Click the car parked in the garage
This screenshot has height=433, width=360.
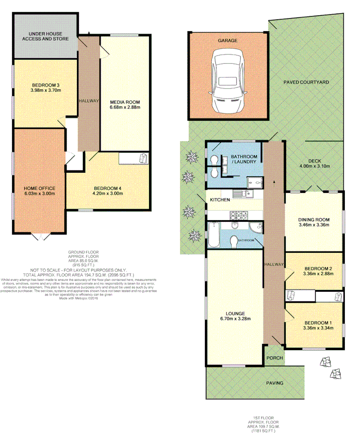coord(227,80)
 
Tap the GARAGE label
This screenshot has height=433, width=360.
coord(227,40)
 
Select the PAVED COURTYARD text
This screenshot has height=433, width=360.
coord(306,82)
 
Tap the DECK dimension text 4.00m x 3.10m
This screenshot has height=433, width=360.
coord(314,166)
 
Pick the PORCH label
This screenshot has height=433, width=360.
coord(274,358)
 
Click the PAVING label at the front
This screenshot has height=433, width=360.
coord(274,383)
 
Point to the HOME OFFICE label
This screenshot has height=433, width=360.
coord(39,188)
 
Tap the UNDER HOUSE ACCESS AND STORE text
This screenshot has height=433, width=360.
coord(46,36)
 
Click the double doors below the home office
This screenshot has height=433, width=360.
coord(39,237)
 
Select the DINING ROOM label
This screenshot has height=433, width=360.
coord(314,219)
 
